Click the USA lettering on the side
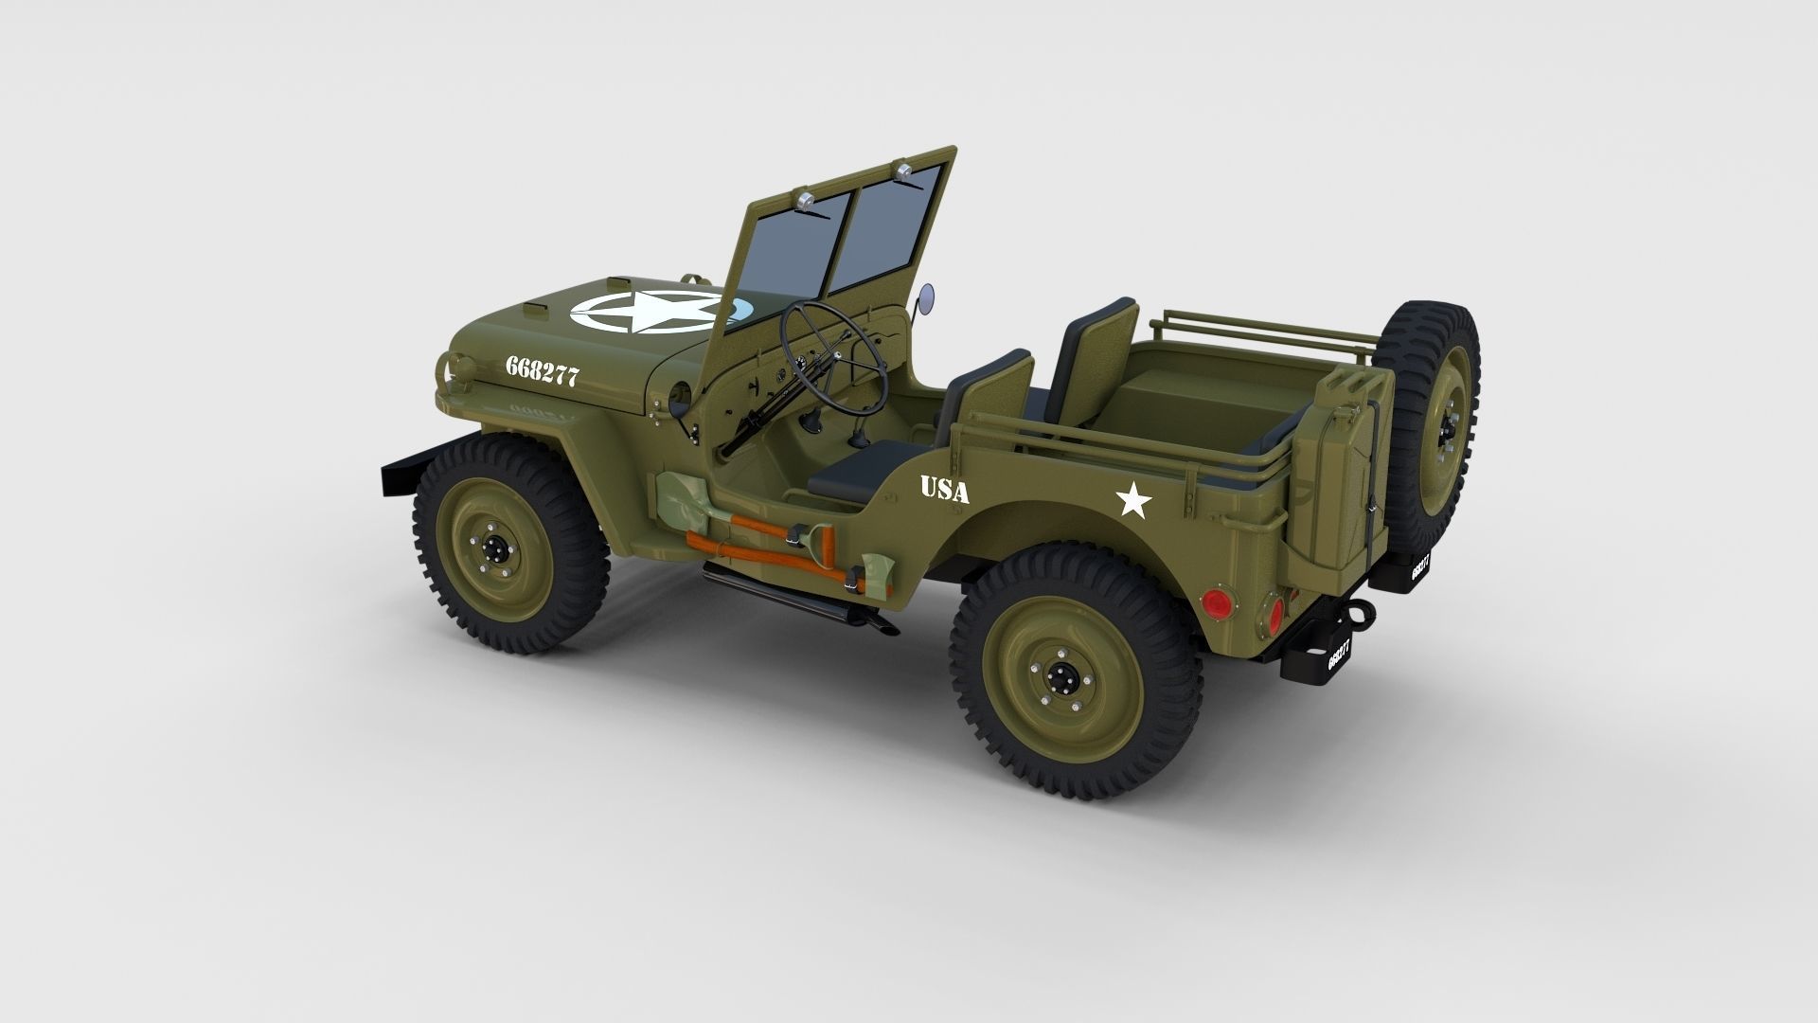pyautogui.click(x=944, y=490)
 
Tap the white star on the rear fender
pyautogui.click(x=1133, y=500)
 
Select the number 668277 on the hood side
pyautogui.click(x=542, y=371)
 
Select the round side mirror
pyautogui.click(x=928, y=294)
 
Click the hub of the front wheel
pyautogui.click(x=494, y=547)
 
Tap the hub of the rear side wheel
pyautogui.click(x=1060, y=676)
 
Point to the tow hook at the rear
pyautogui.click(x=1361, y=612)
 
